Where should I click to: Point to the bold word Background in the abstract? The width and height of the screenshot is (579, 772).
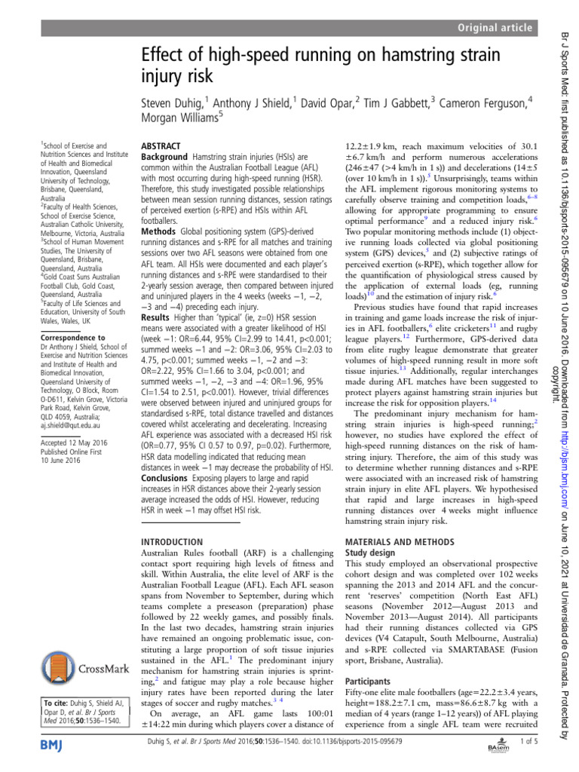click(x=165, y=154)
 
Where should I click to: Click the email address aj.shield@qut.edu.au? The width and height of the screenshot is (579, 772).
click(x=69, y=426)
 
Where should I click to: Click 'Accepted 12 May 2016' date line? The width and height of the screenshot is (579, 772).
click(x=74, y=443)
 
